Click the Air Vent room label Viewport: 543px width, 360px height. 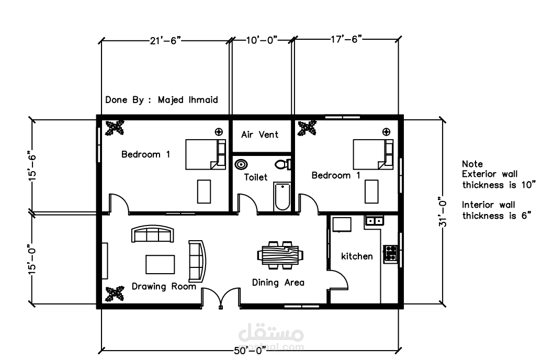[259, 134]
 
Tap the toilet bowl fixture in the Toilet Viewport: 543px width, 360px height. [284, 164]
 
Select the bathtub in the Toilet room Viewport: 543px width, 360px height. [282, 196]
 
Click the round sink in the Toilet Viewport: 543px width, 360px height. [241, 164]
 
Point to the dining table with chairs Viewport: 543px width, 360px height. [280, 255]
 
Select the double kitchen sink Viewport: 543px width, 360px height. [375, 220]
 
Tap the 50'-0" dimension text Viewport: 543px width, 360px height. [250, 351]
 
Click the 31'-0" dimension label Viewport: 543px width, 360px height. [443, 212]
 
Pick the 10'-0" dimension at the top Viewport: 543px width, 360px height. [262, 40]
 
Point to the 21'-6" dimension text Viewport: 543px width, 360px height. [165, 40]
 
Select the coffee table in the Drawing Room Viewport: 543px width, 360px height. [160, 264]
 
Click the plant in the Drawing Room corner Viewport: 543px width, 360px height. [115, 294]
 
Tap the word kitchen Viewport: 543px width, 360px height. [357, 256]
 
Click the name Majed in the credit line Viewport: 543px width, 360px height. [171, 100]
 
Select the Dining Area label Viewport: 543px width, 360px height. [278, 283]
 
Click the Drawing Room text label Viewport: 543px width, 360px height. [164, 287]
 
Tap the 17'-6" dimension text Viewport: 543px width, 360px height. [346, 39]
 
